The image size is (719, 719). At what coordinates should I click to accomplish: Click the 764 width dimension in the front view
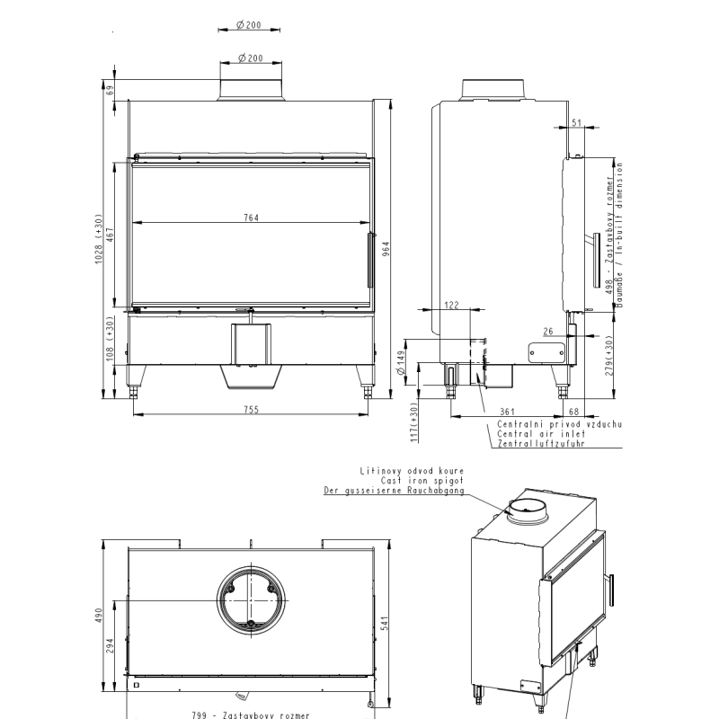tap(251, 217)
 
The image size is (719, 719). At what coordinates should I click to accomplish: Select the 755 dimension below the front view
tap(251, 410)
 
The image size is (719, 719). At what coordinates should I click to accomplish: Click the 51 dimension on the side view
tap(576, 122)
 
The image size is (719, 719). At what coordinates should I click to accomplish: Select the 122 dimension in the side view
tap(451, 306)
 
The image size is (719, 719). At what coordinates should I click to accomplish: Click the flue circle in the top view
tap(253, 599)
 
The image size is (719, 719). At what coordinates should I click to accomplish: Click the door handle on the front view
tap(368, 261)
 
